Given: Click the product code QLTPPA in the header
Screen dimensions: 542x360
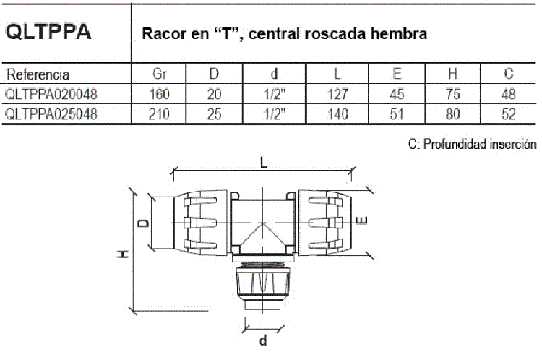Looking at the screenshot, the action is pos(48,32).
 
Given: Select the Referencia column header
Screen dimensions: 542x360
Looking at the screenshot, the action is pos(38,74).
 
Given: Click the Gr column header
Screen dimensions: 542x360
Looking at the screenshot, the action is pos(160,74).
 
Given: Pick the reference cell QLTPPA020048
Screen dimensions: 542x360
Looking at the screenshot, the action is pos(51,94).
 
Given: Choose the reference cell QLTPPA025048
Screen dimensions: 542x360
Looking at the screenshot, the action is pos(51,114).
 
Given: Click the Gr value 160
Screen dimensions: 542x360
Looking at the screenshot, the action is pos(159,94).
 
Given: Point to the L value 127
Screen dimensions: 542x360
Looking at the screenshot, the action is pos(337,94).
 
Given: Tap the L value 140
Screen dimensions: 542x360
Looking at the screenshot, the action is pos(337,114).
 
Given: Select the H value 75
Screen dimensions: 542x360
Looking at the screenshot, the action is pos(452,94).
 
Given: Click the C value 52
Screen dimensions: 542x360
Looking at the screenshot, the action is pos(509,114).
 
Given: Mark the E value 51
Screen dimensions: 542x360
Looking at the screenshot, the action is pos(397,114).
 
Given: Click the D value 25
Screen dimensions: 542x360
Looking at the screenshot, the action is pos(215,114).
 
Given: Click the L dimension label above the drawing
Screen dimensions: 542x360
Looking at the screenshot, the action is pos(264,162).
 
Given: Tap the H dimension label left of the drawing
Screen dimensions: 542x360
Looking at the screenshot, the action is pos(123,254).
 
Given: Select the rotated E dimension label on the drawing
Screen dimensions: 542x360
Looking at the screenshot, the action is pos(361,220).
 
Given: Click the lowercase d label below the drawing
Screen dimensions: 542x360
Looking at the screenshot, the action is pos(263,340).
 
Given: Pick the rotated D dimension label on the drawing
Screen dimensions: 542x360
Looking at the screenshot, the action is pos(144,223).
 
